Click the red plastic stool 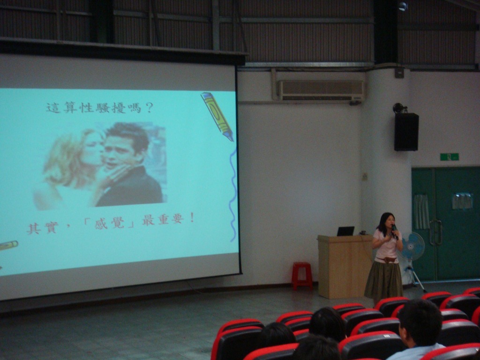point(302,276)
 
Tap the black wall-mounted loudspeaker point(406,132)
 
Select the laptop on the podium point(345,231)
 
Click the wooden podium point(345,266)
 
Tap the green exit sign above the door point(450,157)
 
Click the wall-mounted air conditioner point(321,90)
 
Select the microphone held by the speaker point(395,231)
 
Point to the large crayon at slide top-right point(217,116)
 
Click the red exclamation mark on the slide point(192,217)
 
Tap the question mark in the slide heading point(149,107)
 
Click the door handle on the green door point(436,232)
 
